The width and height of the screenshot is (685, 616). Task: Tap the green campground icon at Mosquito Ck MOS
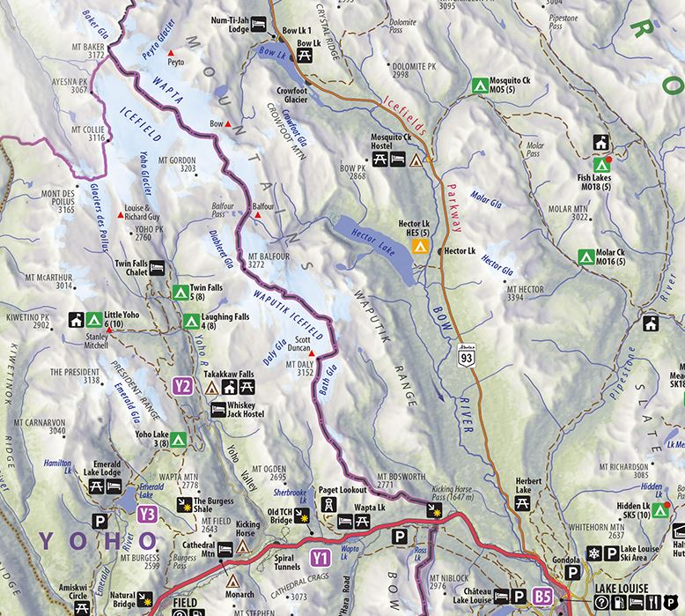[479, 86]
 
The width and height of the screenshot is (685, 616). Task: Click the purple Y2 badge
[182, 385]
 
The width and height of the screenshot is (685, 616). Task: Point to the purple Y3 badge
[146, 513]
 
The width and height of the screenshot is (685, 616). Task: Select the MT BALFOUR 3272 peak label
[269, 257]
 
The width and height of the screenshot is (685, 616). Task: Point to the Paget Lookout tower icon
[327, 505]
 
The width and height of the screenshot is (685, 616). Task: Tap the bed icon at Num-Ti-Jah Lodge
[261, 25]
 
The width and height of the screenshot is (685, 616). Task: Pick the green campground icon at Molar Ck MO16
[583, 256]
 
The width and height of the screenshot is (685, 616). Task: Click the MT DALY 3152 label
[299, 367]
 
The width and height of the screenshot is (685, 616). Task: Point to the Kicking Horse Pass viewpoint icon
[434, 510]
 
